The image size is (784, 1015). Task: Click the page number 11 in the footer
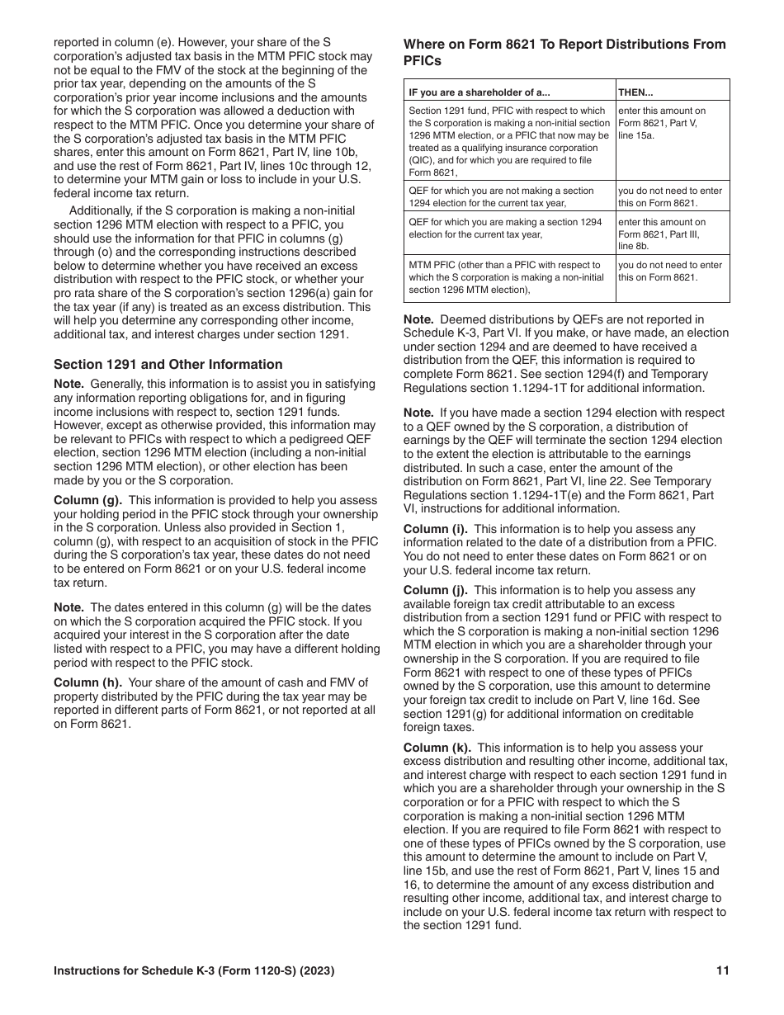[x=723, y=971]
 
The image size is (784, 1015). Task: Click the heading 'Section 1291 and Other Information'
[x=168, y=364]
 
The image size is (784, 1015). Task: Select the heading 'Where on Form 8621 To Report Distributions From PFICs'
[x=564, y=52]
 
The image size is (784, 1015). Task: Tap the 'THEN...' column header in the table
[x=639, y=92]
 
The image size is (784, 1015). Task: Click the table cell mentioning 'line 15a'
[x=673, y=122]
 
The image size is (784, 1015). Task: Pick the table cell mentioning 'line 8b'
[x=673, y=234]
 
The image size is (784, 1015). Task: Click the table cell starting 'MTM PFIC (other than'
[x=509, y=277]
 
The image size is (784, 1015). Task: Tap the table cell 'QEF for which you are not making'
[x=509, y=196]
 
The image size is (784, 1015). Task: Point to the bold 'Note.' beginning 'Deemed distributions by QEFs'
[x=418, y=319]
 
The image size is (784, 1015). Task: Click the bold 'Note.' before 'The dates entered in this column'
[x=68, y=607]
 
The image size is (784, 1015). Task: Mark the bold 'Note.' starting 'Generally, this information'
[x=68, y=384]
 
